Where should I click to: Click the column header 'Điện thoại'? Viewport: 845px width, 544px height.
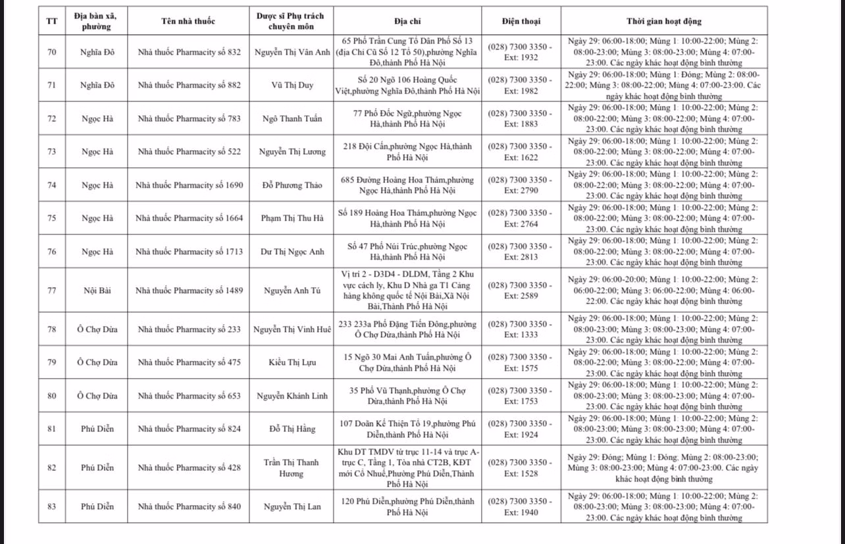coord(520,21)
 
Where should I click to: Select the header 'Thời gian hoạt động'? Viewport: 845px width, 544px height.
coord(663,21)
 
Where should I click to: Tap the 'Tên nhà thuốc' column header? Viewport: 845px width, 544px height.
coord(188,21)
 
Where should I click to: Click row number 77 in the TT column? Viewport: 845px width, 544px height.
coord(52,290)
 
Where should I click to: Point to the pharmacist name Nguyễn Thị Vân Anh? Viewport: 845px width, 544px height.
coord(292,52)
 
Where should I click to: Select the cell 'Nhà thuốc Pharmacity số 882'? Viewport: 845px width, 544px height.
coord(188,85)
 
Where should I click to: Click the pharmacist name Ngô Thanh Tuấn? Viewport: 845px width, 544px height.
coord(292,119)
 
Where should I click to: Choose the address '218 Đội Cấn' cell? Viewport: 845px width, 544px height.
coord(407,151)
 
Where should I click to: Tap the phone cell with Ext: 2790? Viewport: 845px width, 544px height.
coord(520,185)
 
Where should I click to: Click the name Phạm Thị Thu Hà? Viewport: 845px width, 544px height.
coord(292,218)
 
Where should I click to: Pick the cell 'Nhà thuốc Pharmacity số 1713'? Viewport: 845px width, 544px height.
coord(188,252)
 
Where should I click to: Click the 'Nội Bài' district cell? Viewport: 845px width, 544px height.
coord(97,290)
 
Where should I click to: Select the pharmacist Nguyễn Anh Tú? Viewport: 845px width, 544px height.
coord(292,290)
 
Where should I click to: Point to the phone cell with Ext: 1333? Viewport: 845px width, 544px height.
coord(520,329)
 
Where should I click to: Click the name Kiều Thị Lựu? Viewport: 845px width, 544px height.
coord(292,363)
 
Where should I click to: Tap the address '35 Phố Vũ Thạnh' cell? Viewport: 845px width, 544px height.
coord(407,396)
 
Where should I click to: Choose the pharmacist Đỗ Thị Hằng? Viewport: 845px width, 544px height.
coord(292,429)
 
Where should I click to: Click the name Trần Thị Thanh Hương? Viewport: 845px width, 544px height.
coord(292,468)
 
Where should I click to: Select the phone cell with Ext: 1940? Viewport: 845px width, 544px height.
coord(520,506)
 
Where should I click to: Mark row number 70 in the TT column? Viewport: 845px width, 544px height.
coord(52,52)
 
